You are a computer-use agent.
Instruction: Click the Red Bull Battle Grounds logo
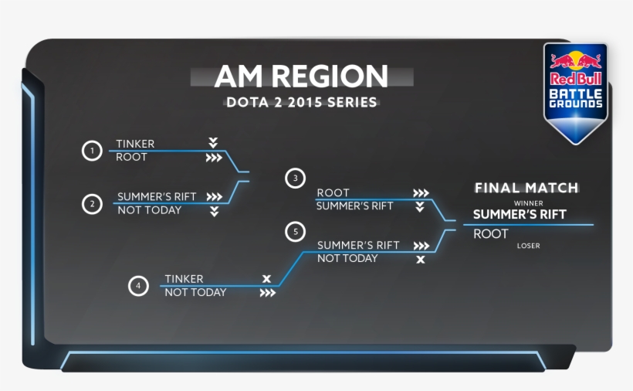pos(575,91)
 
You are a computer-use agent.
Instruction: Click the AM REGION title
pos(301,76)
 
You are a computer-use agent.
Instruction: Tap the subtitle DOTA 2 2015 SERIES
pos(301,102)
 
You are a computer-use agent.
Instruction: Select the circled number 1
pos(92,151)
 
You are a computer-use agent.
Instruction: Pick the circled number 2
pos(92,204)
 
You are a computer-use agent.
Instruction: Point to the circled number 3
pos(295,178)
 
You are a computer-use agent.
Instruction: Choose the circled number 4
pos(138,286)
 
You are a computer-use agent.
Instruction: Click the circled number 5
pos(295,231)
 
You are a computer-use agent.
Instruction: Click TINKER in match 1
pos(135,144)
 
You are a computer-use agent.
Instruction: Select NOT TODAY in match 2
pos(149,210)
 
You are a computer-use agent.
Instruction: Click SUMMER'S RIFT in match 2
pos(157,197)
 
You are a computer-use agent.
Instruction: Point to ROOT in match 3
pos(333,192)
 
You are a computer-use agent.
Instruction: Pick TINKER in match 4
pos(184,279)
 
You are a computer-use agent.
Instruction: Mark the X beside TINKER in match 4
pos(266,278)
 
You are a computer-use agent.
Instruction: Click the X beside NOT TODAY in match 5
pos(421,259)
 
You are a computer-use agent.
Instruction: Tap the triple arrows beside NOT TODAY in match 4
pos(267,293)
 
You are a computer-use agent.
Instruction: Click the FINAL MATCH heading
pos(526,188)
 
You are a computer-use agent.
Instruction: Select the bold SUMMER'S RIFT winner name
pos(520,215)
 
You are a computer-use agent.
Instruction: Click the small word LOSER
pos(529,246)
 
